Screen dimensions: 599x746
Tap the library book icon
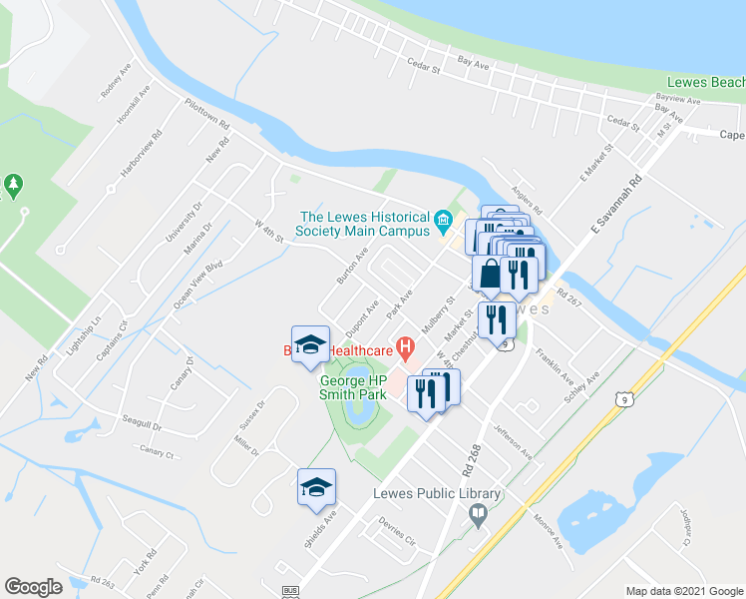(x=479, y=515)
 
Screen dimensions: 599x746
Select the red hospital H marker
(x=405, y=348)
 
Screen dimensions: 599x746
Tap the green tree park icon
(x=13, y=185)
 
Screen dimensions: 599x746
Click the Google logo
(x=34, y=587)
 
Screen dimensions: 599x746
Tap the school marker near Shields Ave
(x=316, y=488)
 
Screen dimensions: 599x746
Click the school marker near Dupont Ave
(x=310, y=344)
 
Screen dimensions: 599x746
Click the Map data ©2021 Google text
(x=684, y=591)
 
